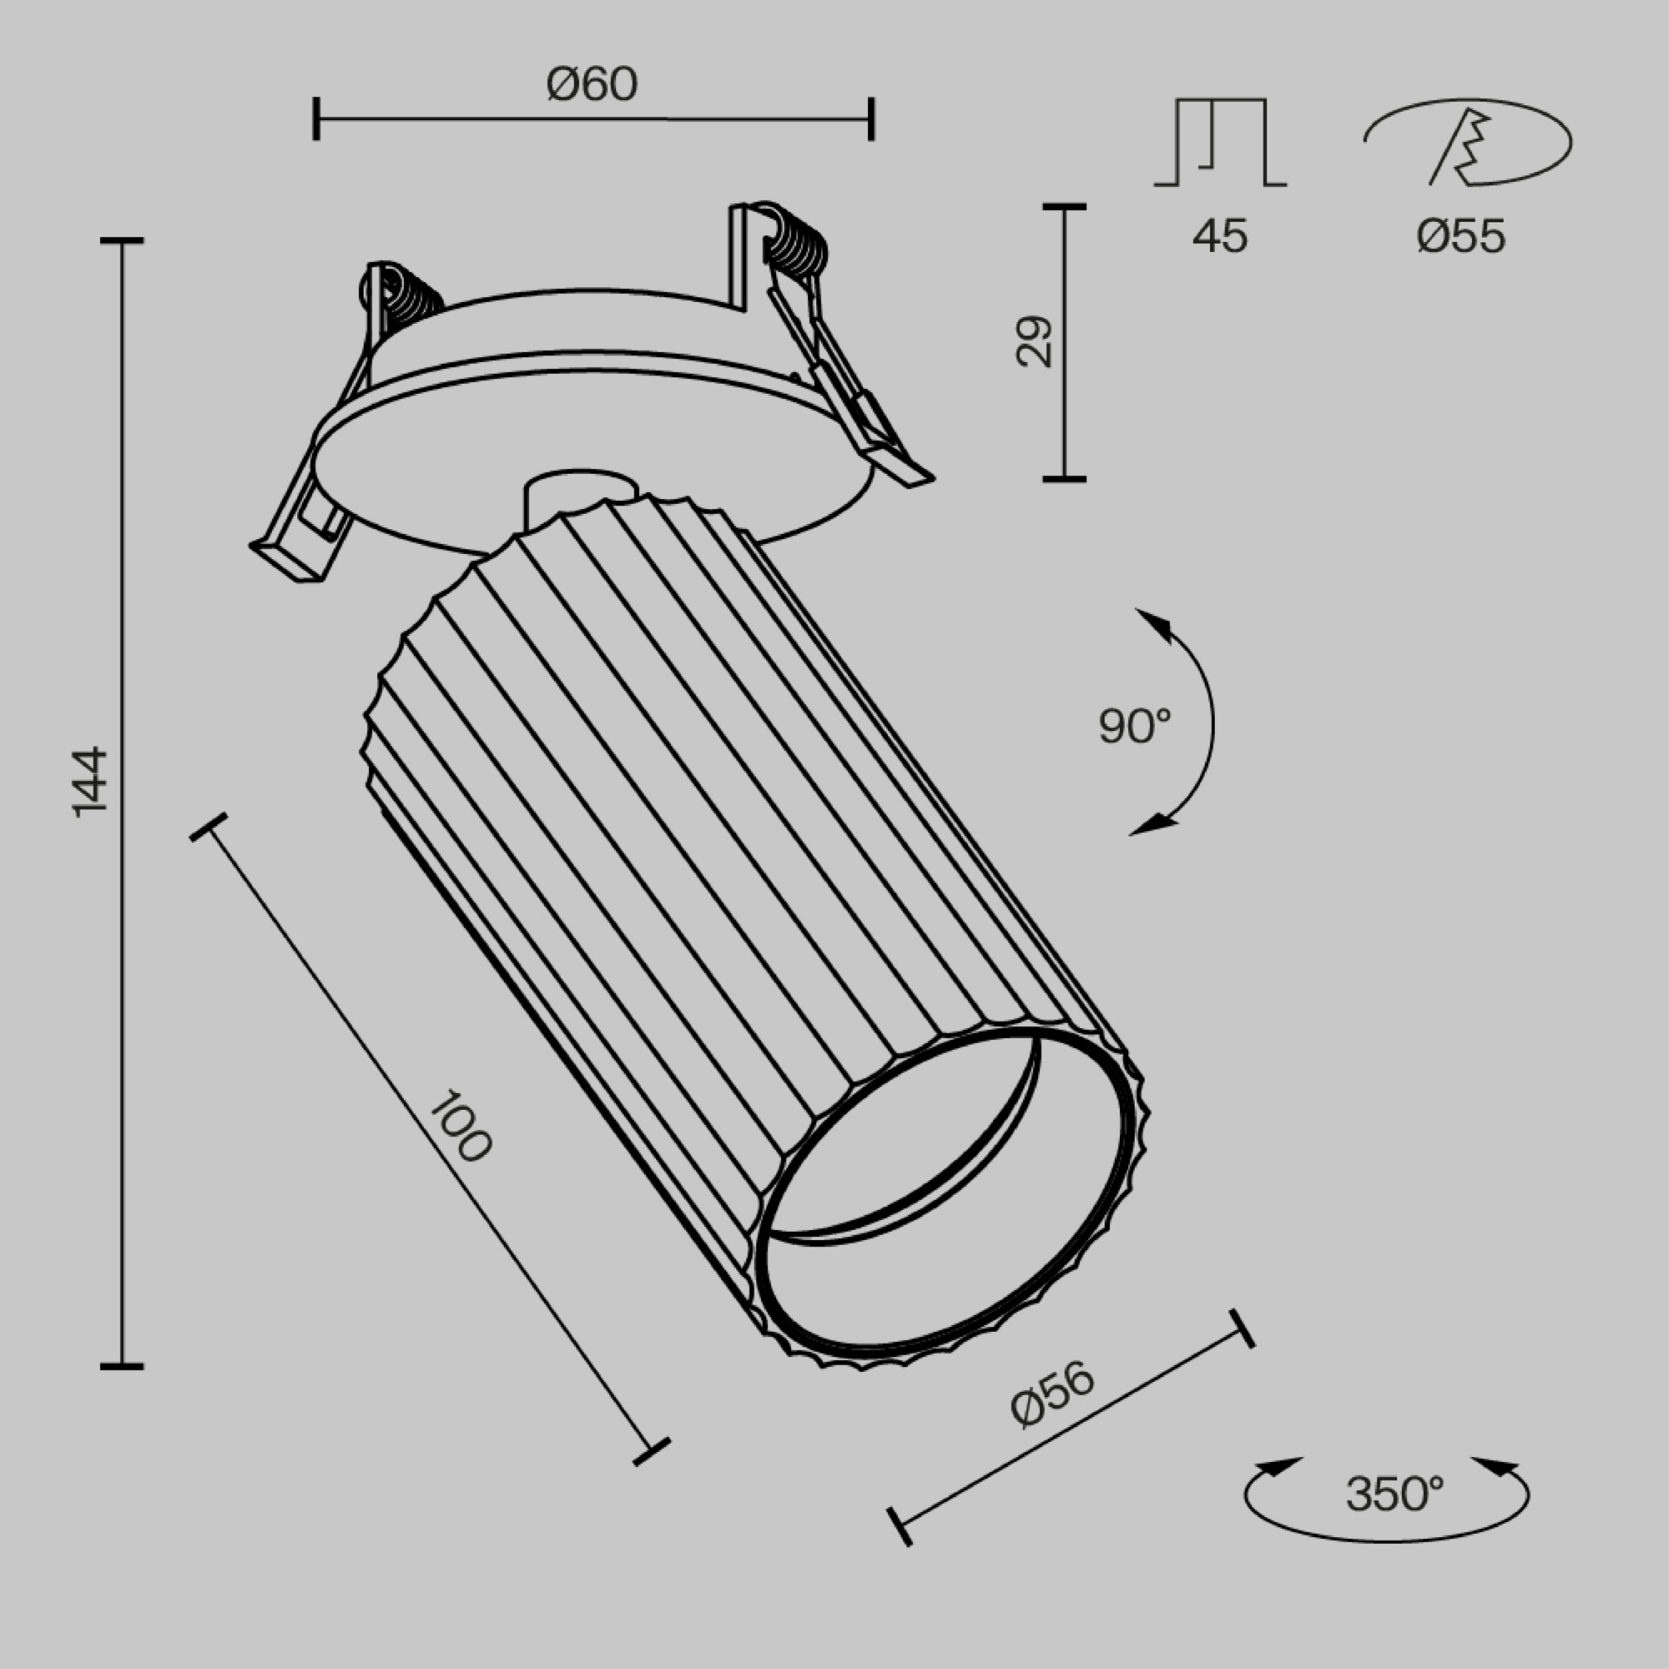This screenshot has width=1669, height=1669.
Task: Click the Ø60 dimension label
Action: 592,84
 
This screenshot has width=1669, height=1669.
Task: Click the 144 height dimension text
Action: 90,782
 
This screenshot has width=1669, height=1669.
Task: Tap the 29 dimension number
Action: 1034,342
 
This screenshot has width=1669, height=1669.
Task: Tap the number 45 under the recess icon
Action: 1220,236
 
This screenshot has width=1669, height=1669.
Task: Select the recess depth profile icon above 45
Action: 1220,143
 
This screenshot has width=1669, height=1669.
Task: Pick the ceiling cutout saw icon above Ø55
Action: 1468,143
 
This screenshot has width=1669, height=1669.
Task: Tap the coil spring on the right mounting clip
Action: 795,243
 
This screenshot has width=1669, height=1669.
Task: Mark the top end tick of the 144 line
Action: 122,241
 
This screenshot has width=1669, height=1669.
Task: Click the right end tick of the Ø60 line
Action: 870,119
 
